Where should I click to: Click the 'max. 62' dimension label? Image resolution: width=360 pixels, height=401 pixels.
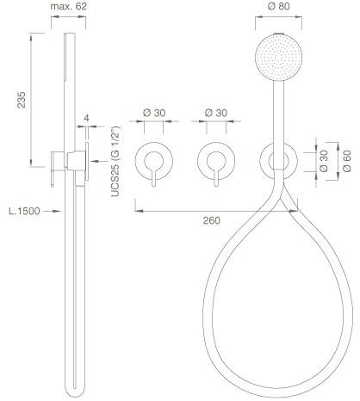pos(68,6)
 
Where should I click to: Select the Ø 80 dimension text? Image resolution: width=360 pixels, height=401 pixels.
pos(279,6)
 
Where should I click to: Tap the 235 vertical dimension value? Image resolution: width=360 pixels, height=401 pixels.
pos(22,100)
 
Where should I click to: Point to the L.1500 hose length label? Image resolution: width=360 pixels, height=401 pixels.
pos(24,211)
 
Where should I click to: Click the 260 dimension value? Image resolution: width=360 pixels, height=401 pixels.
pos(212,220)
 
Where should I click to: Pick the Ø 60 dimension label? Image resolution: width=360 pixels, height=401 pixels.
pos(347,160)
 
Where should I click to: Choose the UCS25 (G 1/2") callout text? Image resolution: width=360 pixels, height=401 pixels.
pos(115,161)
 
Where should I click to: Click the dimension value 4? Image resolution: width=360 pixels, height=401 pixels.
pos(87,118)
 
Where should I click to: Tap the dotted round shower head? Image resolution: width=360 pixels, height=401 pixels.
pos(278,58)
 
